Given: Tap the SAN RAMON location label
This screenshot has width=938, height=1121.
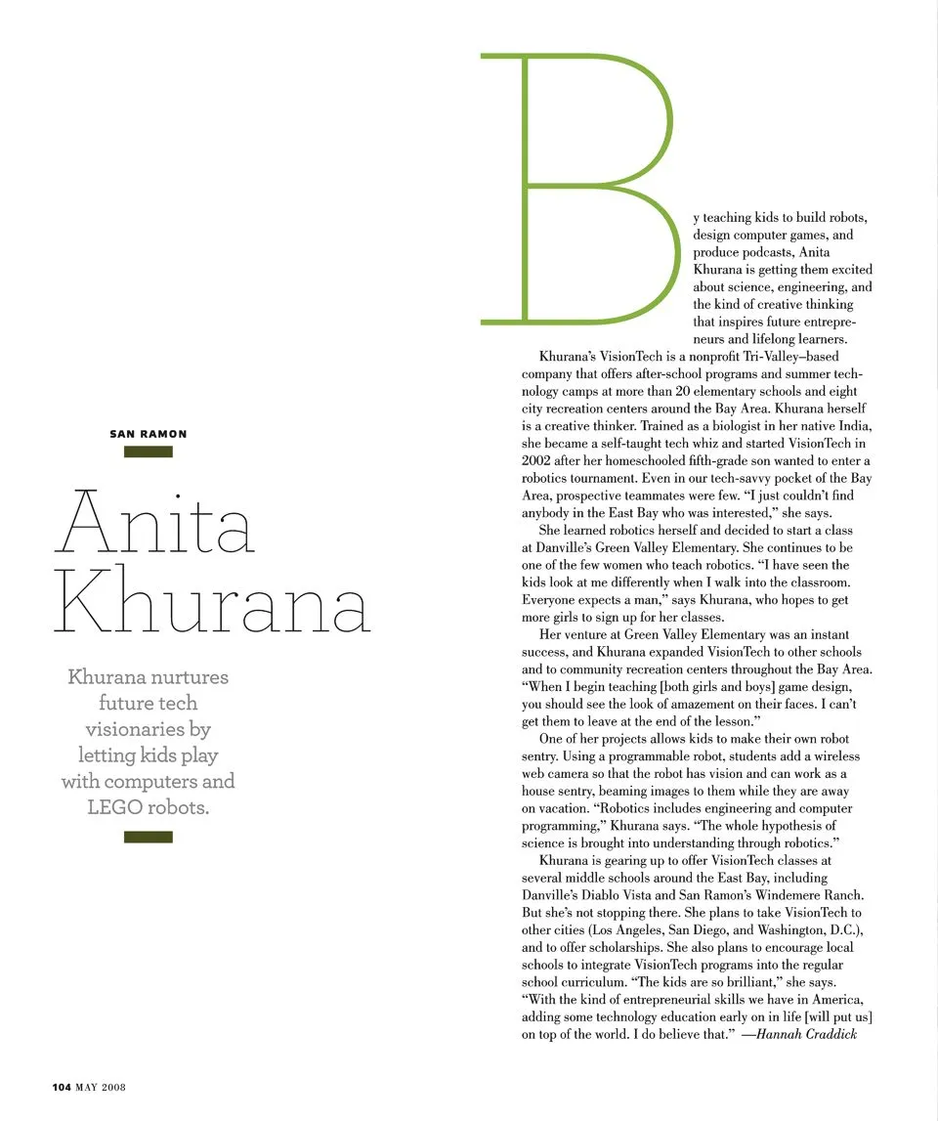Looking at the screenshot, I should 149,434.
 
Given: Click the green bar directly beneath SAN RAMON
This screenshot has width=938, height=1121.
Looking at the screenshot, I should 149,452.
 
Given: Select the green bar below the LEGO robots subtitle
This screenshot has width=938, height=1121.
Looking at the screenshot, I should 149,837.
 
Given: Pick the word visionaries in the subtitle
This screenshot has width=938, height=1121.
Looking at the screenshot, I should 149,729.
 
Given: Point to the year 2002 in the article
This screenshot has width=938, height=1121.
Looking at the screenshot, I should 537,461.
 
